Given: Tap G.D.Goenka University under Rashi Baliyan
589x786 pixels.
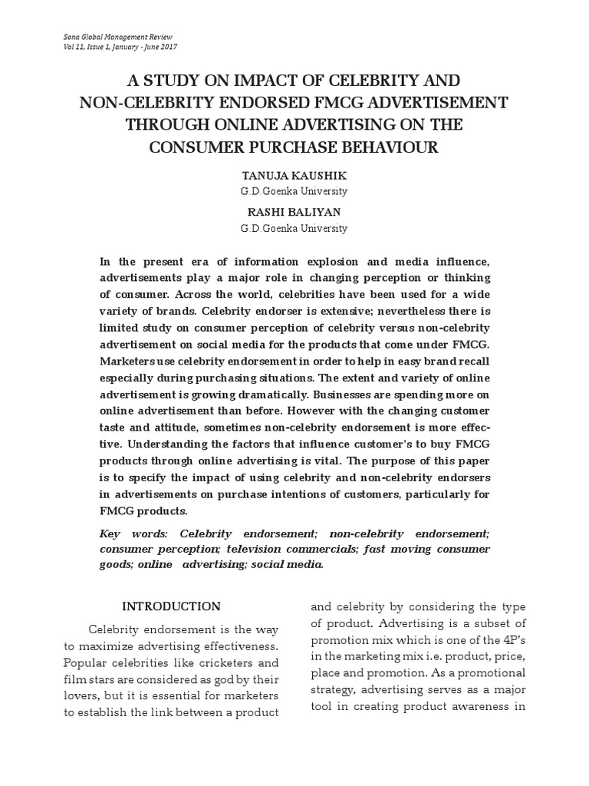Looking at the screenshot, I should coord(294,228).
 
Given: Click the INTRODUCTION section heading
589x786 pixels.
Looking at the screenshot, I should coord(172,606).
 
